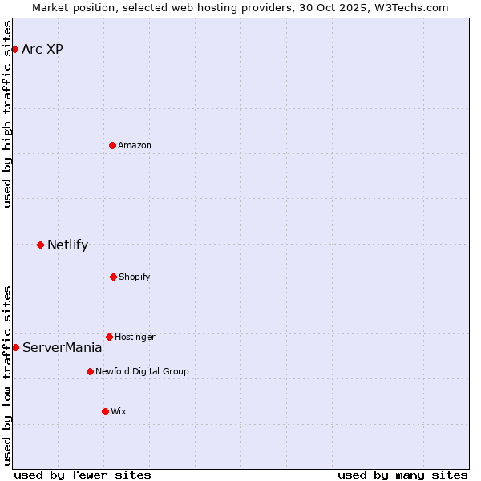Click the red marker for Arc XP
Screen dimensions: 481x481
click(14, 49)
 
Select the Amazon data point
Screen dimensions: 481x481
click(112, 145)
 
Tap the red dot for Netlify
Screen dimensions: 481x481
click(40, 245)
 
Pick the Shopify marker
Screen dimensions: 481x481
click(113, 277)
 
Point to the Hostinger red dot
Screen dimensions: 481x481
click(109, 337)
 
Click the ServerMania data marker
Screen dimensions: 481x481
click(15, 347)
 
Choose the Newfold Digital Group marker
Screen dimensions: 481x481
click(90, 371)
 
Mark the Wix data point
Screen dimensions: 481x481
click(105, 411)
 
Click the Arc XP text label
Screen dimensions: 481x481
click(42, 50)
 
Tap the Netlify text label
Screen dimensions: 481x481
click(67, 245)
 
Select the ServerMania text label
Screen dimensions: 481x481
click(62, 348)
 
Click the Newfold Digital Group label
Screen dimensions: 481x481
click(142, 372)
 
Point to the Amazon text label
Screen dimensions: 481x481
click(135, 146)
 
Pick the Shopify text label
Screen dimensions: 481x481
click(135, 277)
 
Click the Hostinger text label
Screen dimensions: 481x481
click(135, 338)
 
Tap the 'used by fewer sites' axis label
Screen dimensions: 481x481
click(83, 475)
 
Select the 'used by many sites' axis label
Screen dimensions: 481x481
click(402, 475)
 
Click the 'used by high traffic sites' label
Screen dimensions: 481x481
click(8, 114)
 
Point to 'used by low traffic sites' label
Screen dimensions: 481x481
click(8, 375)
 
